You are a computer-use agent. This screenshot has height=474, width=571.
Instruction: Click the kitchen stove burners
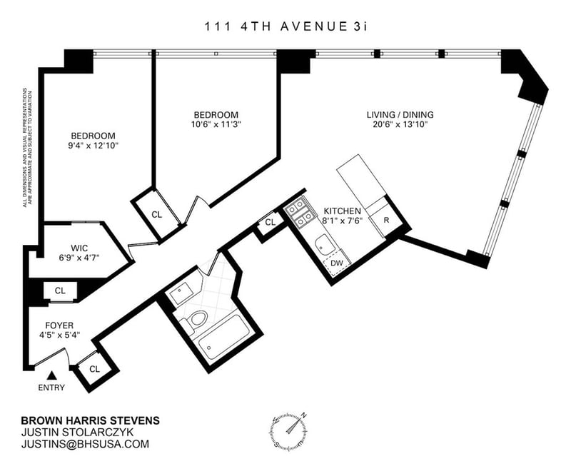[x=299, y=214]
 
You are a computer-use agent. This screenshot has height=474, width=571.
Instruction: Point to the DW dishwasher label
[x=336, y=263]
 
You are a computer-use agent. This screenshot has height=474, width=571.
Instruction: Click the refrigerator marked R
[x=386, y=220]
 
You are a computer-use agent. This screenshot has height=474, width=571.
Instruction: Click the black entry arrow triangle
[x=52, y=375]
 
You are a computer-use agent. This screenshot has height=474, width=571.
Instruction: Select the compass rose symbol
[x=288, y=430]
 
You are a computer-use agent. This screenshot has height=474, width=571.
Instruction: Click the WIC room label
[x=79, y=248]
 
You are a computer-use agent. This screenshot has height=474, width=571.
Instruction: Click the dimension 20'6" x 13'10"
[x=400, y=124]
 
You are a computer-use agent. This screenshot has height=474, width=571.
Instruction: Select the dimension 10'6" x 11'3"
[x=216, y=124]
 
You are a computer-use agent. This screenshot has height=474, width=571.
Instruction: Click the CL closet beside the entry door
[x=95, y=369]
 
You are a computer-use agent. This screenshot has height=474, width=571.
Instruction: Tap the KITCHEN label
[x=343, y=211]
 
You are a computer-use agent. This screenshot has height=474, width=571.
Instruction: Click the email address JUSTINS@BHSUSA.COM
[x=85, y=444]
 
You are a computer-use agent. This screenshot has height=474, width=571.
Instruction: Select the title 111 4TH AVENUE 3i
[x=285, y=26]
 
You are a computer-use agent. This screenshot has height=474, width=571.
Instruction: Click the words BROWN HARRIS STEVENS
[x=91, y=420]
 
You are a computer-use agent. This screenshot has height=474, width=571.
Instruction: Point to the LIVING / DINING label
[x=400, y=114]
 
